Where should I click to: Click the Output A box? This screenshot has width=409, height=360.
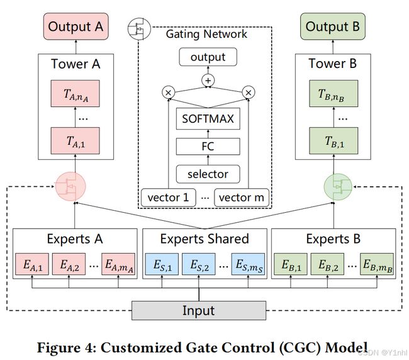point(76,26)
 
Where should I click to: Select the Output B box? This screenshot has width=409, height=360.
point(333,26)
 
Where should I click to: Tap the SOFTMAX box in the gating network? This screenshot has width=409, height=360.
point(208,119)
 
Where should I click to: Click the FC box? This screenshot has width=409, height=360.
point(208,147)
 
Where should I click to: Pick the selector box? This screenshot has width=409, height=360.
point(208,174)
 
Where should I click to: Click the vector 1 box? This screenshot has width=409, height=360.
point(168,198)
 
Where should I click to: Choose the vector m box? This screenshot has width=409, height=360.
point(242,198)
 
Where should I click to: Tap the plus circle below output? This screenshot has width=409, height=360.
point(208,81)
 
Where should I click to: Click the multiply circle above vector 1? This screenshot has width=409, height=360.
point(168,93)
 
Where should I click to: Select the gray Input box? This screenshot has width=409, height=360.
point(199,310)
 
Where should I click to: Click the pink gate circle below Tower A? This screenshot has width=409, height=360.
point(70,186)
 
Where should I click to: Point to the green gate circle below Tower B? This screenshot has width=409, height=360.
point(338,187)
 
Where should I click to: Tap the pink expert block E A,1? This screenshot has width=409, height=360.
point(32,264)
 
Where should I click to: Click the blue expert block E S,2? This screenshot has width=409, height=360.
point(198,264)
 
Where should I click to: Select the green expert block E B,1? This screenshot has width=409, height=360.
point(291,264)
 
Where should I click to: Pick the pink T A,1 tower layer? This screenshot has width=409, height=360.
point(75,141)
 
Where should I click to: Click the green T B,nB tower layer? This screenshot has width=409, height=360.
point(333,93)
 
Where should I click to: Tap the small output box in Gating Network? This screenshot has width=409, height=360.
point(208,57)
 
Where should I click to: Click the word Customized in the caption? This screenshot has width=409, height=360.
point(142,348)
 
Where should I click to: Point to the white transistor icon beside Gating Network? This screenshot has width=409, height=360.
point(139,29)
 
